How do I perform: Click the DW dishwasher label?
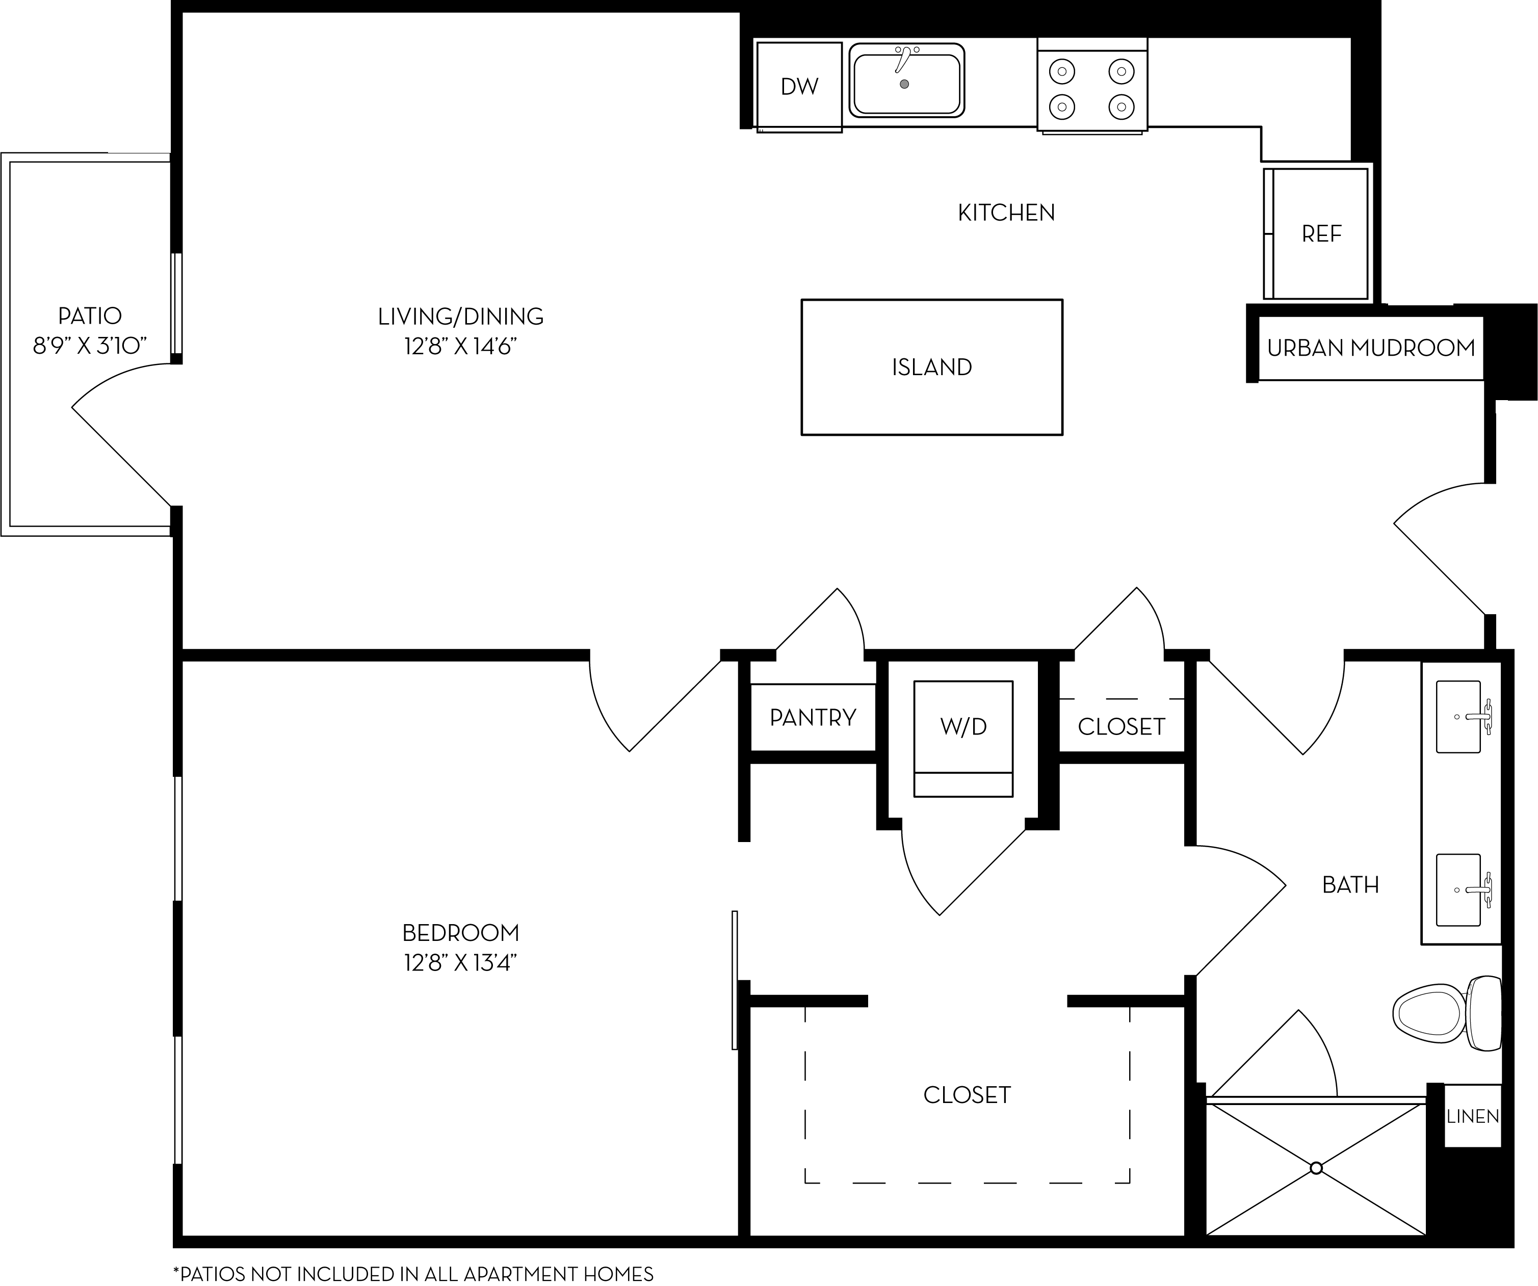(799, 87)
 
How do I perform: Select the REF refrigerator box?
(1317, 233)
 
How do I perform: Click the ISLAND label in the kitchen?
(931, 367)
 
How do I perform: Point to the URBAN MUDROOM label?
(1371, 348)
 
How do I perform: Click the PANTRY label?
(813, 717)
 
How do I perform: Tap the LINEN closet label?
(1472, 1117)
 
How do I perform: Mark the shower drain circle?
(1316, 1168)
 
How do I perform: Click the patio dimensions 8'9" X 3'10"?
(90, 346)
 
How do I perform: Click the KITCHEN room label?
(1006, 213)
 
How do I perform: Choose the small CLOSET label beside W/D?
(1122, 726)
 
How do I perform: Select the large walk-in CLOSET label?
(967, 1095)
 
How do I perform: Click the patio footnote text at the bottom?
(413, 1274)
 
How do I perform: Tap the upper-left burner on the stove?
(1062, 72)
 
